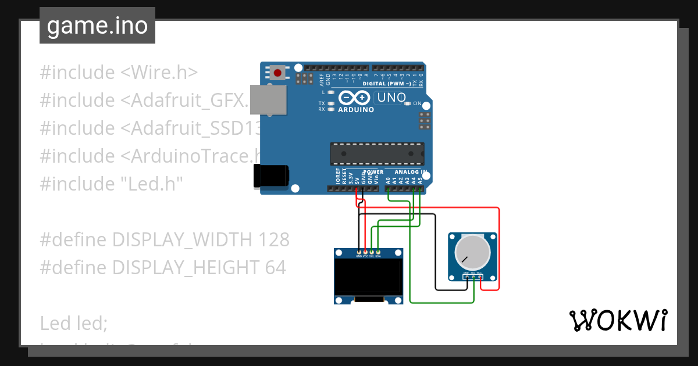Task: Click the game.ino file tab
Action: tap(97, 26)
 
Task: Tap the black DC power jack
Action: tap(270, 176)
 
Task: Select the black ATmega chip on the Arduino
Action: tap(377, 153)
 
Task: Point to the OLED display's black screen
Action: tap(369, 277)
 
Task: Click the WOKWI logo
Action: tap(618, 320)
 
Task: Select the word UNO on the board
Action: tap(391, 98)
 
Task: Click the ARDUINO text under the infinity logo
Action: tap(356, 109)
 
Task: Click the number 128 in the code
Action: tap(273, 239)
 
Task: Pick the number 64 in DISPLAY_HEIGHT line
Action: tap(275, 267)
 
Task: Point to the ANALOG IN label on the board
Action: tap(410, 172)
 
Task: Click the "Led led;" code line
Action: tap(74, 323)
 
